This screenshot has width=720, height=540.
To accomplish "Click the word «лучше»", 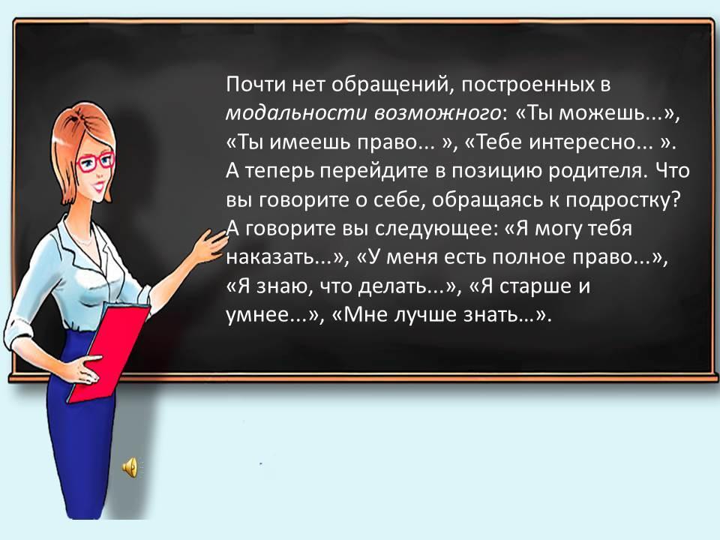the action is point(426,316).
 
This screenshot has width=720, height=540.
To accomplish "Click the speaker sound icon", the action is point(130,467).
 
